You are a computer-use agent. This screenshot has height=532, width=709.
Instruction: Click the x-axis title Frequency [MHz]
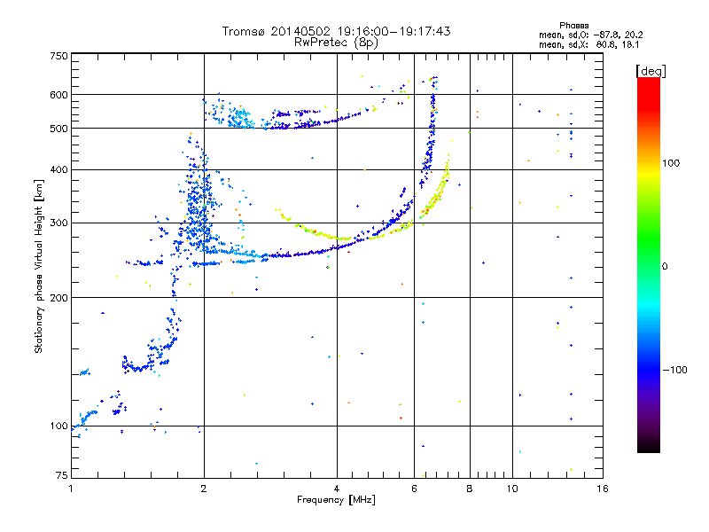[x=336, y=500]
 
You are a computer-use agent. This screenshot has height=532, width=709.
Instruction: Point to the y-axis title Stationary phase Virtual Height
[x=39, y=267]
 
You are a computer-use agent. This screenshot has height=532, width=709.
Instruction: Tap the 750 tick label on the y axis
[x=59, y=56]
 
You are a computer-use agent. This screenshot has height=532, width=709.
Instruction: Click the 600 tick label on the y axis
[x=59, y=95]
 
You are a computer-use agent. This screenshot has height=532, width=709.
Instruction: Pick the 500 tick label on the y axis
[x=59, y=129]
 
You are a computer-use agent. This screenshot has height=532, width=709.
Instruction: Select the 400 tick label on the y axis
[x=59, y=169]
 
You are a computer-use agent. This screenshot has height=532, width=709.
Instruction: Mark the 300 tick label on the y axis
[x=59, y=223]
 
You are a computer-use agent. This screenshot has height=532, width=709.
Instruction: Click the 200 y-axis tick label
[x=59, y=298]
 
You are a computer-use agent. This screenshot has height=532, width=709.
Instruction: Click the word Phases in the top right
[x=575, y=25]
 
